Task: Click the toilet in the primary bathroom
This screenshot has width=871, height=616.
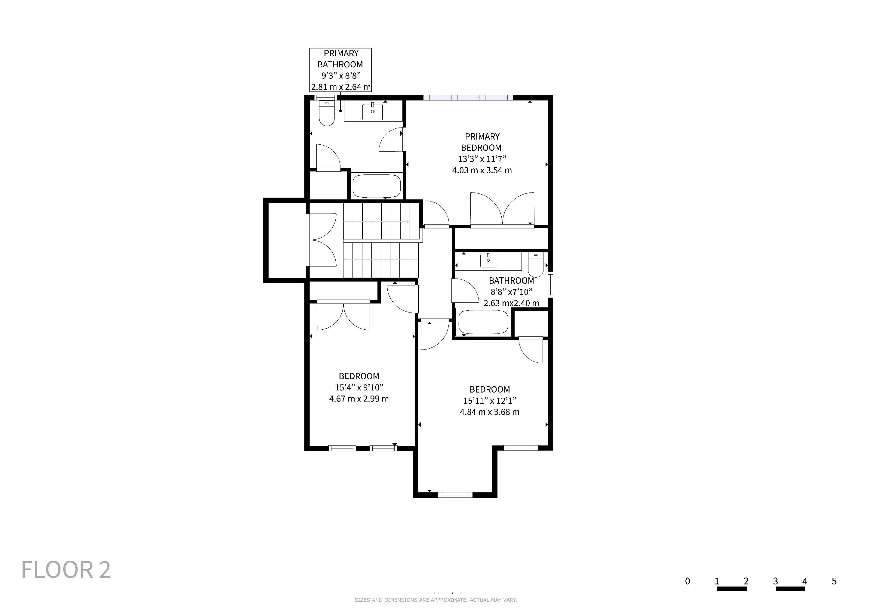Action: pyautogui.click(x=326, y=113)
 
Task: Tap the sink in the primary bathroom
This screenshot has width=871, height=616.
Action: pyautogui.click(x=373, y=112)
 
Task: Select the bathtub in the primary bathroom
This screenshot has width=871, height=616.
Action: pyautogui.click(x=376, y=186)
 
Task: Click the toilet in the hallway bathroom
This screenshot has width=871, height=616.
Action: pyautogui.click(x=536, y=265)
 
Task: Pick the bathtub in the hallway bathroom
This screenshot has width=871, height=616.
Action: pyautogui.click(x=483, y=322)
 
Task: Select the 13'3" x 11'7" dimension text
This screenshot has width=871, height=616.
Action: pyautogui.click(x=482, y=159)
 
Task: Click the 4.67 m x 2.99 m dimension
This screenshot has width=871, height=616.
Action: pyautogui.click(x=359, y=399)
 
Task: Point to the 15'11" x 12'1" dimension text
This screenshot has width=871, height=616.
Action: pyautogui.click(x=490, y=401)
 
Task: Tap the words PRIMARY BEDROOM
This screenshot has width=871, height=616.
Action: pyautogui.click(x=482, y=142)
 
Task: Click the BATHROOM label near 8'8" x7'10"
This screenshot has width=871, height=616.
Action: pyautogui.click(x=511, y=281)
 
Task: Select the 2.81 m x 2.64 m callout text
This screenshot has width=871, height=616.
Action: pyautogui.click(x=341, y=87)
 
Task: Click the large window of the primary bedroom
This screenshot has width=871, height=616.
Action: pyautogui.click(x=468, y=97)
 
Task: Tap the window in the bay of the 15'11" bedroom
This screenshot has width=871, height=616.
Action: pyautogui.click(x=455, y=494)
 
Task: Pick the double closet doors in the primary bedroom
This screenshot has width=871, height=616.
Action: pyautogui.click(x=502, y=209)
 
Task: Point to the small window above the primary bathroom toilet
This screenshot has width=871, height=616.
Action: pyautogui.click(x=326, y=97)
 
